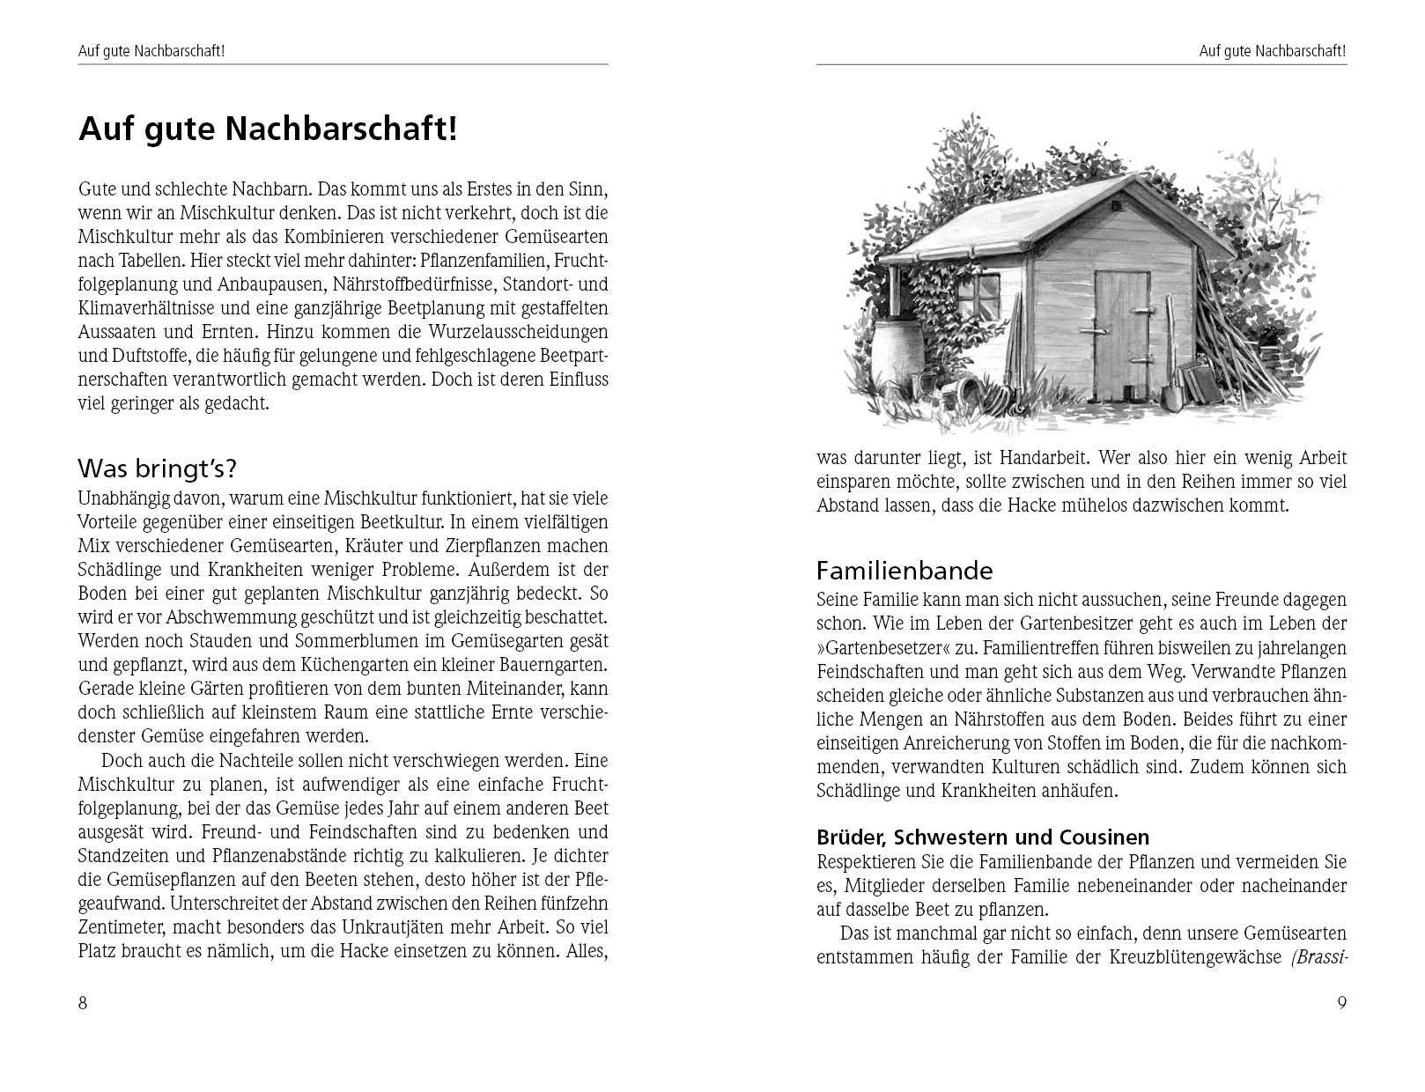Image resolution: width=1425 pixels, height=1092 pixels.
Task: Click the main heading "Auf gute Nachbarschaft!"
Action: coord(268,129)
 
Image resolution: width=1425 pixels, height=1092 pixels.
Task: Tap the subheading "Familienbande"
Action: coord(904,571)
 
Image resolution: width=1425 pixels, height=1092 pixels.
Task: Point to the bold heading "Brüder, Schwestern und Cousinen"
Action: coord(983,837)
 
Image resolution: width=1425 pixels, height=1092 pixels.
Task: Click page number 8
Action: coord(83,1003)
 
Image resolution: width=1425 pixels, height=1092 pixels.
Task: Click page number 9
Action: coord(1341,1003)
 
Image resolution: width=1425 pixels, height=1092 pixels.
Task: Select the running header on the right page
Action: coord(1273,51)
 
